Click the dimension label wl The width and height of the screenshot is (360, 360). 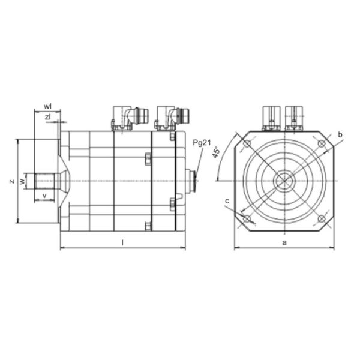click(47, 107)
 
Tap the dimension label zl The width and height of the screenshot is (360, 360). click(47, 117)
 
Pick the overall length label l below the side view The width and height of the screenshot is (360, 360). click(122, 242)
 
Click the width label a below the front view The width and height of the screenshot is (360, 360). click(284, 242)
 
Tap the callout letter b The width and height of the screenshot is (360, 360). click(340, 136)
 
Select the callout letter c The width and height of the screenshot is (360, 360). click(227, 200)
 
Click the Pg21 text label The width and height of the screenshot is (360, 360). click(202, 143)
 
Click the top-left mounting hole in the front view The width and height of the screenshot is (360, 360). click(246, 144)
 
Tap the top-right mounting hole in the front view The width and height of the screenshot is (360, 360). click(321, 144)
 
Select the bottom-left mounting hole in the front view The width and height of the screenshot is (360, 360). click(246, 218)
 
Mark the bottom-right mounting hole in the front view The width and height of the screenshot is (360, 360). click(321, 218)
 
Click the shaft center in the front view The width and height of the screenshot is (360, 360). click(283, 181)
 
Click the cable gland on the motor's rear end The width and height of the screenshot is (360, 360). click(191, 181)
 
